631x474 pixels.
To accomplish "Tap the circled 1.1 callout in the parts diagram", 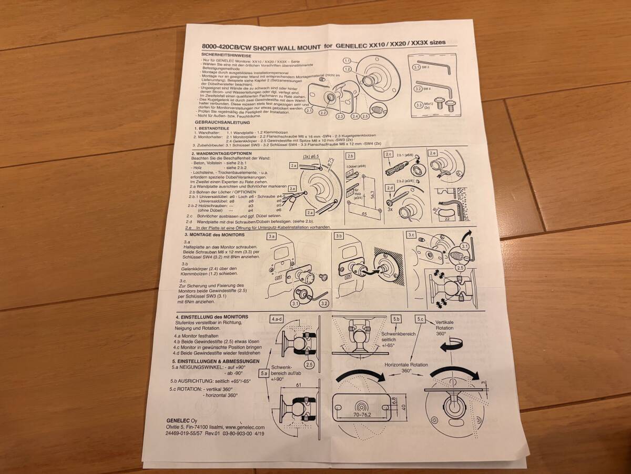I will pyautogui.click(x=347, y=61).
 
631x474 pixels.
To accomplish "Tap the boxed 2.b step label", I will pyautogui.click(x=351, y=156).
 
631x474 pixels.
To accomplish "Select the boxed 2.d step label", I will pyautogui.click(x=390, y=188).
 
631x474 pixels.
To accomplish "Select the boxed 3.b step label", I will pyautogui.click(x=339, y=236).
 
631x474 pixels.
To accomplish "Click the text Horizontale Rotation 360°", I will pyautogui.click(x=405, y=367).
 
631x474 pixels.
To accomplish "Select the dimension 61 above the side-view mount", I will pyautogui.click(x=298, y=386).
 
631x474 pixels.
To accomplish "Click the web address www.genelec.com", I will pyautogui.click(x=244, y=427).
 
